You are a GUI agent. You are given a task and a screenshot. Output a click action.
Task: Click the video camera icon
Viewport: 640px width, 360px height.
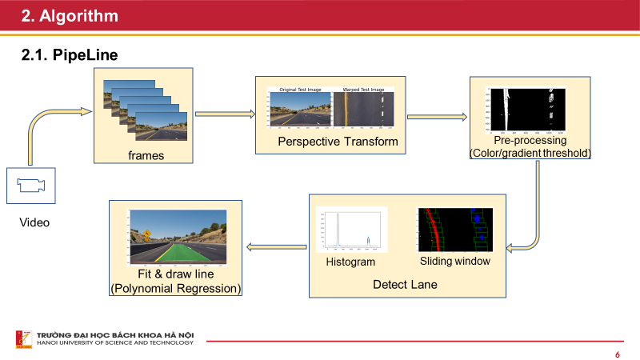coord(31,186)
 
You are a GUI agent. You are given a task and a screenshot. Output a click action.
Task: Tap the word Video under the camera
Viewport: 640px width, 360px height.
coord(34,222)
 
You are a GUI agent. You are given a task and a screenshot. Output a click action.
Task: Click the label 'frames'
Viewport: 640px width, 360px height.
coord(146,155)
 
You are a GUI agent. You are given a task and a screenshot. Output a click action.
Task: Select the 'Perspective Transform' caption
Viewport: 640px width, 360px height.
coord(326,142)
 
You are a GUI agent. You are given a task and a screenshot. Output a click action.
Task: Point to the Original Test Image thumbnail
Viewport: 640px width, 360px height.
coord(298,110)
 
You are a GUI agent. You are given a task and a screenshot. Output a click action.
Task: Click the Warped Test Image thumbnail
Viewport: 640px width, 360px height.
coord(364,110)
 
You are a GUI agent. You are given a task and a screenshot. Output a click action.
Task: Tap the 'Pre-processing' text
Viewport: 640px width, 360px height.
coord(529,141)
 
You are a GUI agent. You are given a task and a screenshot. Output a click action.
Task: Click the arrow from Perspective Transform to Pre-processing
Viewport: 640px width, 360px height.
coord(436,117)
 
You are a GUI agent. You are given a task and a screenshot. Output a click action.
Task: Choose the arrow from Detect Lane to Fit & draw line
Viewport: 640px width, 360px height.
coord(275,246)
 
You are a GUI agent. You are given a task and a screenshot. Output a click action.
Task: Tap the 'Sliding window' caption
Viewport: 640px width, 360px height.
coord(454,262)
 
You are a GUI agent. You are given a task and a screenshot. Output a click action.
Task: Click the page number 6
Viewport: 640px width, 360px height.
coord(617,354)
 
